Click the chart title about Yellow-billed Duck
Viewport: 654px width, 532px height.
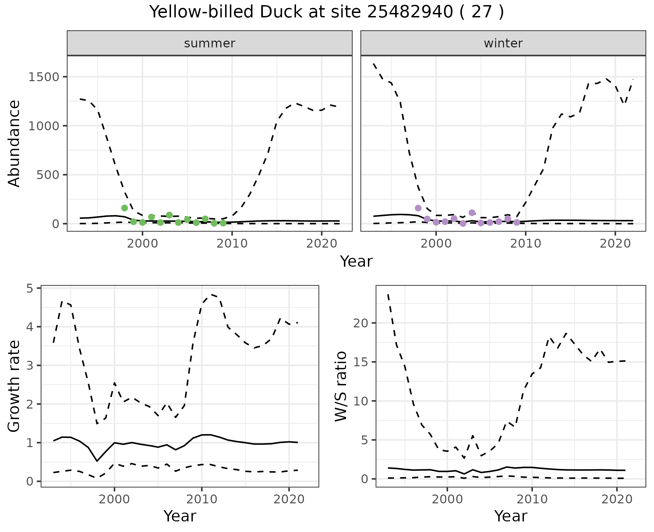pos(327,12)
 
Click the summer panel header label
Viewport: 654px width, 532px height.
pos(209,43)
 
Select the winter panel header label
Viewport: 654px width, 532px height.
pos(503,43)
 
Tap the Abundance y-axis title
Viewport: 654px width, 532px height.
pos(14,143)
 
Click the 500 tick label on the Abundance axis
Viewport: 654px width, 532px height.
pos(49,175)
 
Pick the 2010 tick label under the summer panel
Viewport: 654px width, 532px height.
pos(232,243)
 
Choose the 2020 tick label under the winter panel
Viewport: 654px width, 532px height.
pos(615,243)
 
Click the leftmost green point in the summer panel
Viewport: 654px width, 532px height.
pos(125,208)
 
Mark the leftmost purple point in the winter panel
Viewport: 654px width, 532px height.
pos(418,208)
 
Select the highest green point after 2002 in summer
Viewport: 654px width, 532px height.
pos(169,215)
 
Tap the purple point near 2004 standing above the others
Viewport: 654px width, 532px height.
pos(472,213)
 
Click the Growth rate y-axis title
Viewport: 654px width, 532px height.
pos(14,386)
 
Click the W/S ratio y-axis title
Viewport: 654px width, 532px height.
pos(341,386)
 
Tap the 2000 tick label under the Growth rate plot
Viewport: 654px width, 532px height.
pos(114,500)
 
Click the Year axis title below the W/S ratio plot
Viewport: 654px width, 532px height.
pos(511,516)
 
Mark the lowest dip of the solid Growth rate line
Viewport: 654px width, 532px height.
pos(97,461)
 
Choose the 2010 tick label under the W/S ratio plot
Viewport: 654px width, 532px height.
pos(532,500)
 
